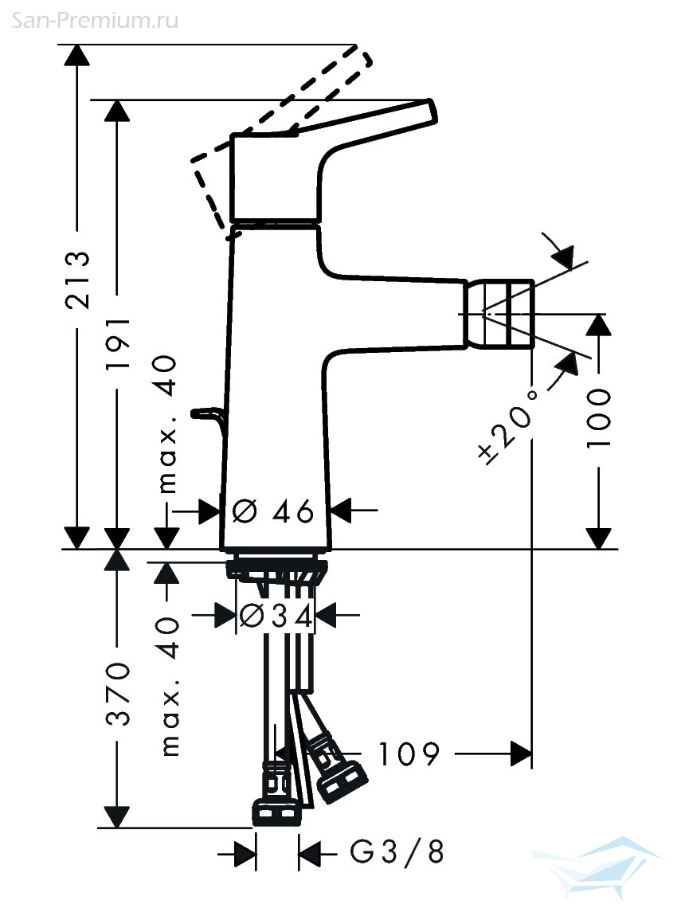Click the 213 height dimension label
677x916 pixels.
77,280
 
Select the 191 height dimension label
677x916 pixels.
117,343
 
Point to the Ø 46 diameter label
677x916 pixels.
272,511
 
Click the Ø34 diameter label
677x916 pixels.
276,615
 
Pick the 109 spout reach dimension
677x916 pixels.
409,754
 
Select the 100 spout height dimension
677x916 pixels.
598,418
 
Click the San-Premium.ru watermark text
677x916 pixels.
96,21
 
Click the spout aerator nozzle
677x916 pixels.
499,314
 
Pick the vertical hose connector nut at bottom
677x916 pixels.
276,812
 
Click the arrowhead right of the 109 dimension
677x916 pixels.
521,754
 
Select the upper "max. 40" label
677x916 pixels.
167,424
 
